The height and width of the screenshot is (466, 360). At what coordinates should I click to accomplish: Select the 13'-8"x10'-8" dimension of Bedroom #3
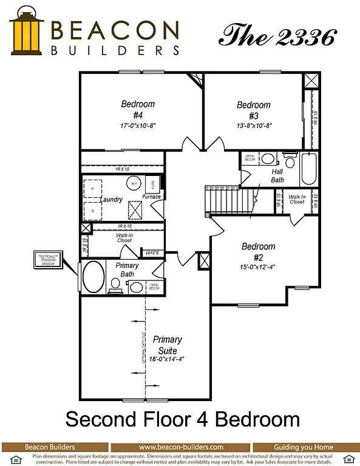click(254, 126)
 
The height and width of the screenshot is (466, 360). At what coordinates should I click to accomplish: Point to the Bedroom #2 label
click(258, 251)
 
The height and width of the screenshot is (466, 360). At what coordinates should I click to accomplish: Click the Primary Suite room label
click(167, 345)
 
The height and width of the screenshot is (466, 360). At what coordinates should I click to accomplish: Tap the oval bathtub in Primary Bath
click(93, 277)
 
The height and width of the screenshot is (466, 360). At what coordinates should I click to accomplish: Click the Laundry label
click(112, 200)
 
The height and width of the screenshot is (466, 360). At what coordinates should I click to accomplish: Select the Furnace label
click(151, 197)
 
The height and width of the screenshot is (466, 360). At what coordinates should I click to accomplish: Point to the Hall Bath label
click(277, 175)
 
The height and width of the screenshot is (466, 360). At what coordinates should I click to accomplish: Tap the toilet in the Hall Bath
click(290, 161)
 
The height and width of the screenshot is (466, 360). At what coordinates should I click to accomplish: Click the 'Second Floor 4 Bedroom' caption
click(182, 419)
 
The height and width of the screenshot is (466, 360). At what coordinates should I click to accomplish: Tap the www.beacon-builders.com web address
click(181, 447)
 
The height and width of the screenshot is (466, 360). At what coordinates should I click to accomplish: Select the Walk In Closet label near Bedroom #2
click(297, 199)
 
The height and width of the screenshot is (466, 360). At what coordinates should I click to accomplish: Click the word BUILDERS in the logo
click(115, 50)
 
